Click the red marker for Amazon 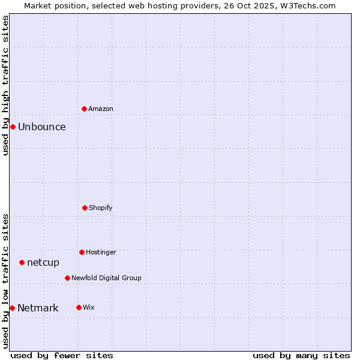pyautogui.click(x=85, y=109)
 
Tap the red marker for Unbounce pyautogui.click(x=13, y=127)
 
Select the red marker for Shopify pyautogui.click(x=85, y=208)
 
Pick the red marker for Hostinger pyautogui.click(x=82, y=252)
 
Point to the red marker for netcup pyautogui.click(x=22, y=262)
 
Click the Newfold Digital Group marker pyautogui.click(x=67, y=278)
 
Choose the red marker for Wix pyautogui.click(x=79, y=307)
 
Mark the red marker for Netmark pyautogui.click(x=12, y=308)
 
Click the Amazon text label pyautogui.click(x=101, y=109)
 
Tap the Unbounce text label pyautogui.click(x=42, y=127)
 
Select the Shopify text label pyautogui.click(x=101, y=208)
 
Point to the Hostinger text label pyautogui.click(x=101, y=252)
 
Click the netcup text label pyautogui.click(x=43, y=262)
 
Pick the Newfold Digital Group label pyautogui.click(x=106, y=278)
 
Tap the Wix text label pyautogui.click(x=89, y=307)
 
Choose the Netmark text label pyautogui.click(x=38, y=308)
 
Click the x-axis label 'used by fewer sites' pyautogui.click(x=62, y=355)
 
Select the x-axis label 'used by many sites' pyautogui.click(x=301, y=355)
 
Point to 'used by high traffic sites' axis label pyautogui.click(x=5, y=85)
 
